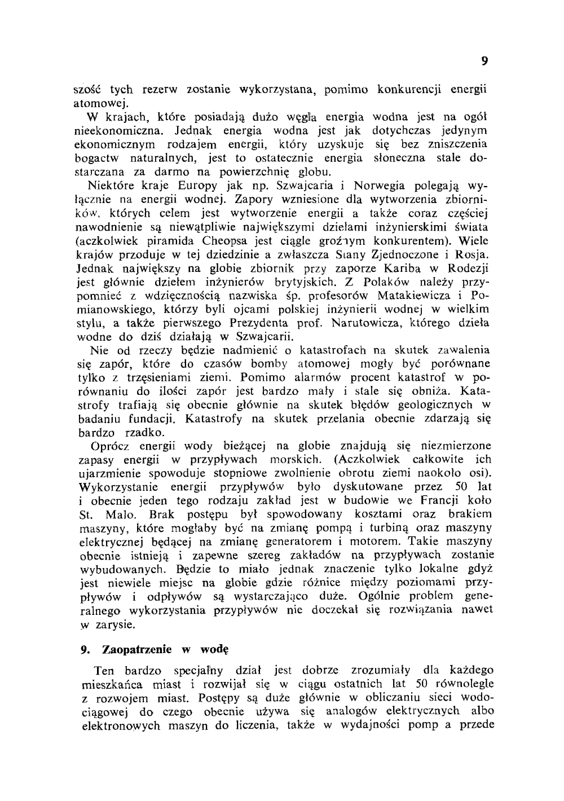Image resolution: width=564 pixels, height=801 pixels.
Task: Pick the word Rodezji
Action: [x=465, y=267]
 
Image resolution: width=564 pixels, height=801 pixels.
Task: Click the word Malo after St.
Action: [x=122, y=514]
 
